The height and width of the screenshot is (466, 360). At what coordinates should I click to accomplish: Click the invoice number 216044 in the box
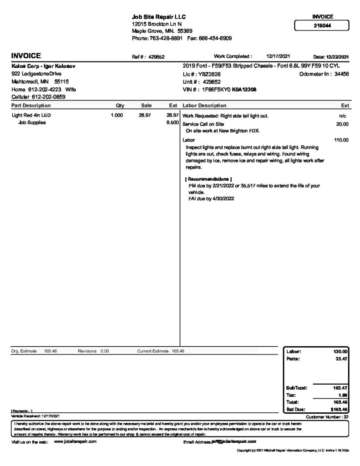coord(322,25)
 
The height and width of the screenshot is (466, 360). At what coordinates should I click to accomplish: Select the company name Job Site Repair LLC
coord(159,17)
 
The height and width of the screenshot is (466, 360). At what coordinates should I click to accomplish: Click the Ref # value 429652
coord(156,57)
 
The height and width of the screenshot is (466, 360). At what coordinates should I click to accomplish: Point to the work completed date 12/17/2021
coord(278,56)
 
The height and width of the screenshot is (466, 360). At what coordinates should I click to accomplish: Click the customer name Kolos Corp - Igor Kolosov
coord(43,66)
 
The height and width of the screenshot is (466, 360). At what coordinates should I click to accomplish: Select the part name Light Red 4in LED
coord(31,116)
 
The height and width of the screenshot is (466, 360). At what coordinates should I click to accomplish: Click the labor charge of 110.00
coord(341,140)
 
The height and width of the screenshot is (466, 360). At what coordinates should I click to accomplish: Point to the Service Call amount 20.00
coord(342,124)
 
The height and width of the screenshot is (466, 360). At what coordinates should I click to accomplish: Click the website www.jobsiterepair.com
coord(75,441)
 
